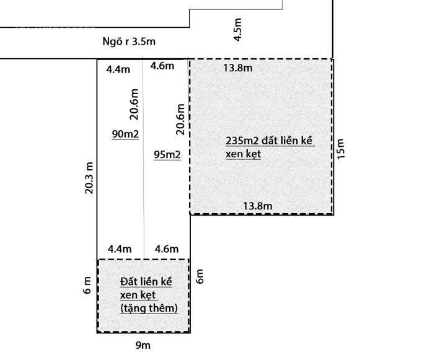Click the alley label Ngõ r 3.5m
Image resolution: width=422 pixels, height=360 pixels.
(129, 42)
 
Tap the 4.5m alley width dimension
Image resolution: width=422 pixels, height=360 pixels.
(237, 30)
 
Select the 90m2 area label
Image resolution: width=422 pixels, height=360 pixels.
(125, 134)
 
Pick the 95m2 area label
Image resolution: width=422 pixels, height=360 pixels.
(167, 154)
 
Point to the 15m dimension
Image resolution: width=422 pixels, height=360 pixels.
(340, 149)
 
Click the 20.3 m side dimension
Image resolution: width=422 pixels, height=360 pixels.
(89, 178)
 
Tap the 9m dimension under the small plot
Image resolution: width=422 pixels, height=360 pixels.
(143, 345)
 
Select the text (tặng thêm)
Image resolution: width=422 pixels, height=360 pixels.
(149, 309)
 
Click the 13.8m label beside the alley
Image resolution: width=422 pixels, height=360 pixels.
(238, 68)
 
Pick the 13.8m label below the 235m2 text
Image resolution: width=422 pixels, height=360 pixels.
(258, 206)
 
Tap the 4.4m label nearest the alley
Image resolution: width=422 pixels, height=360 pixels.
(118, 69)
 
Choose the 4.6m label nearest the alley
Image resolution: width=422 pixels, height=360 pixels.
(162, 66)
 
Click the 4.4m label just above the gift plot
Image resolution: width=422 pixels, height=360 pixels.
(120, 249)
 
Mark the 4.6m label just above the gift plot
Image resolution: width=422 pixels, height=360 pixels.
(167, 249)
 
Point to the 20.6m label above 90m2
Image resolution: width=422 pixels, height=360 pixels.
(134, 104)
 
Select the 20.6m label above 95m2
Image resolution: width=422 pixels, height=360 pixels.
(180, 119)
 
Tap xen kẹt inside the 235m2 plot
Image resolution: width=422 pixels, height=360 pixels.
(244, 154)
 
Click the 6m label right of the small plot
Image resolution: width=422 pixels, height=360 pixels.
(200, 276)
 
